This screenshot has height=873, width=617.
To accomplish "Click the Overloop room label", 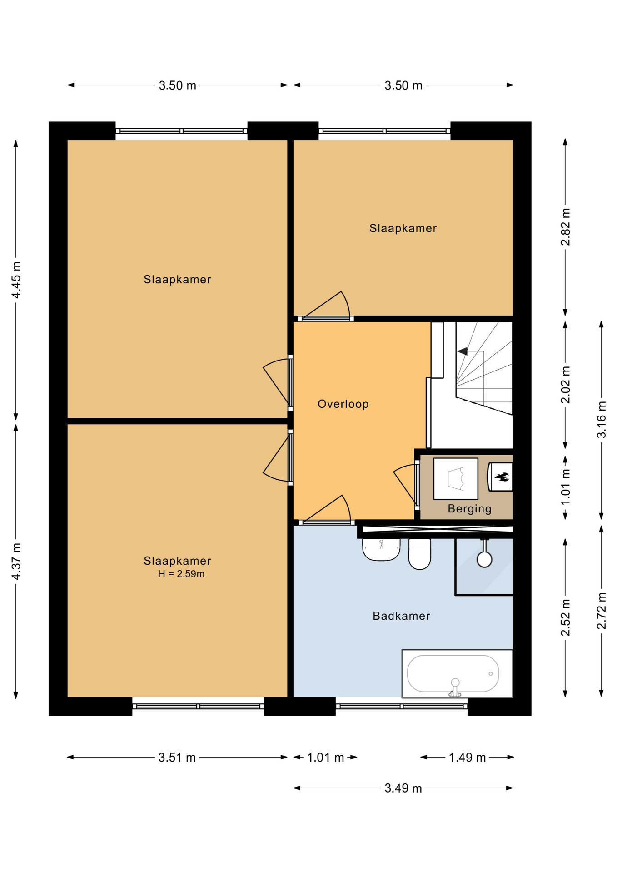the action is (343, 404).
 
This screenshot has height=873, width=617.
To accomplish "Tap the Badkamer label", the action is (401, 616).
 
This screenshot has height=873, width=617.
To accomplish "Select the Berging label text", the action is (469, 509).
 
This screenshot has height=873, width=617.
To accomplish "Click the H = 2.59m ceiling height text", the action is (181, 574).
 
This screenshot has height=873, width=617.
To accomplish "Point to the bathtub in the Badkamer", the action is (457, 673).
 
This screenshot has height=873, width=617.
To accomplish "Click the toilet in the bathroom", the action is (419, 554).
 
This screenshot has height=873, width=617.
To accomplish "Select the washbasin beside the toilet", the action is (381, 550).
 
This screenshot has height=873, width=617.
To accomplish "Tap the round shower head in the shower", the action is (484, 559).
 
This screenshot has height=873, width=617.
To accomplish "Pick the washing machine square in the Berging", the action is (456, 479).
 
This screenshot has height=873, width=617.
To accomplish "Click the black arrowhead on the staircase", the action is (462, 351).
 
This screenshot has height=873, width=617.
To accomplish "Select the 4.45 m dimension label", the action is (16, 280).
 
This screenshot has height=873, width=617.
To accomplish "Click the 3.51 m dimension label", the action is (177, 758).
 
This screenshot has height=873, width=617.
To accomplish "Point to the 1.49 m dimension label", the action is (467, 758).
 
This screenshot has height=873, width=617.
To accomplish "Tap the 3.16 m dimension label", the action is (601, 420).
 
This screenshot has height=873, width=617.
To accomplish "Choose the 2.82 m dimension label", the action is (565, 227).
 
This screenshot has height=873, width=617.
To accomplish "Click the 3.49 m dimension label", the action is (403, 788).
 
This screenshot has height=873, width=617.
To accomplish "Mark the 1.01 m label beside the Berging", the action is (565, 487).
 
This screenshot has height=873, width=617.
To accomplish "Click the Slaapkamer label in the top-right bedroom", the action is (403, 228).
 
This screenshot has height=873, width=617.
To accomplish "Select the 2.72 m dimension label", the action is (601, 611).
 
